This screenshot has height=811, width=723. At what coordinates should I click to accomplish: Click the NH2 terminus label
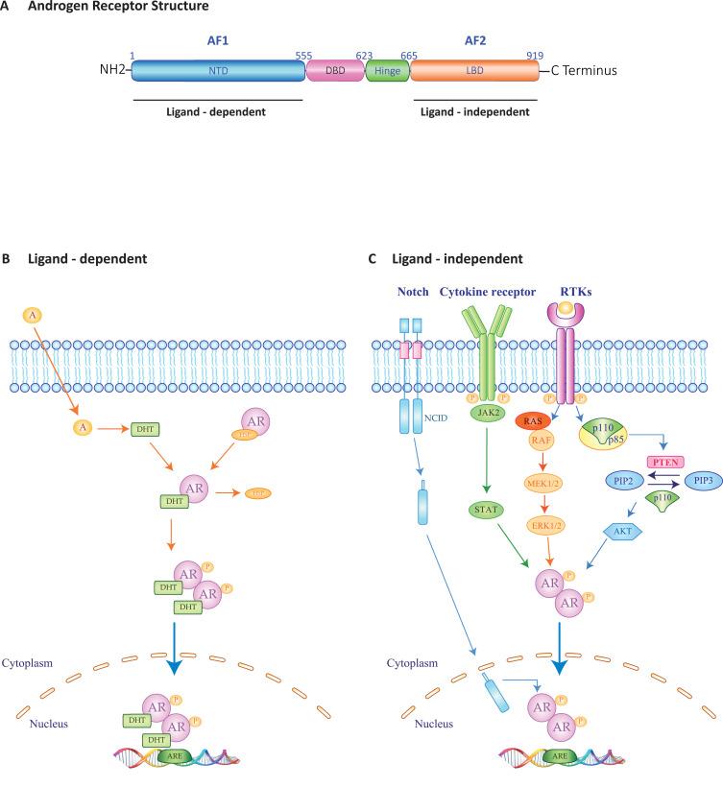(x=112, y=71)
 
